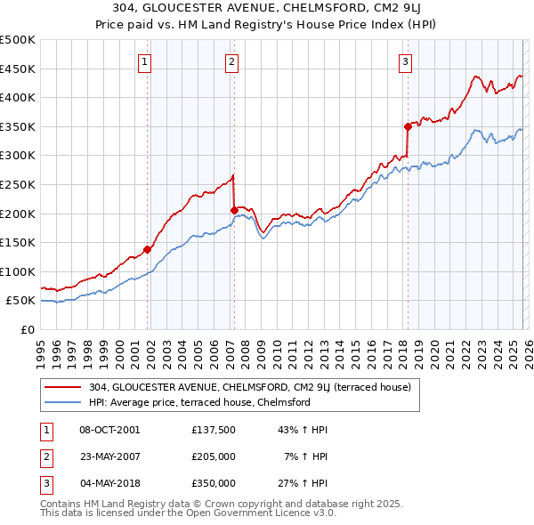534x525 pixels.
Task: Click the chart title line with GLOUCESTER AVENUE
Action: coord(266,7)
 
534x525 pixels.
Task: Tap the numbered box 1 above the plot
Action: coord(144,61)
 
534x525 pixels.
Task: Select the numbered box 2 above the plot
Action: coord(231,61)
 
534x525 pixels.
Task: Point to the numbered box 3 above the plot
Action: coord(405,61)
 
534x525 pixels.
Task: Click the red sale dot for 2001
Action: coord(148,250)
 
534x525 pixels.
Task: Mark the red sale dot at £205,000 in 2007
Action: coord(234,211)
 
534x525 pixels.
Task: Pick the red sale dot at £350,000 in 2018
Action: coord(408,126)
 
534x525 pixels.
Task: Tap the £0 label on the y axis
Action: coord(26,329)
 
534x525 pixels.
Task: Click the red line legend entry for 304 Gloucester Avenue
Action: coord(249,387)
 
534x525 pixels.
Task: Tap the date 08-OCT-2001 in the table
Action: coord(109,430)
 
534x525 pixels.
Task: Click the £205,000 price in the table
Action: coord(213,456)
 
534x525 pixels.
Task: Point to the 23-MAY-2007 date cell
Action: coord(109,456)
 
